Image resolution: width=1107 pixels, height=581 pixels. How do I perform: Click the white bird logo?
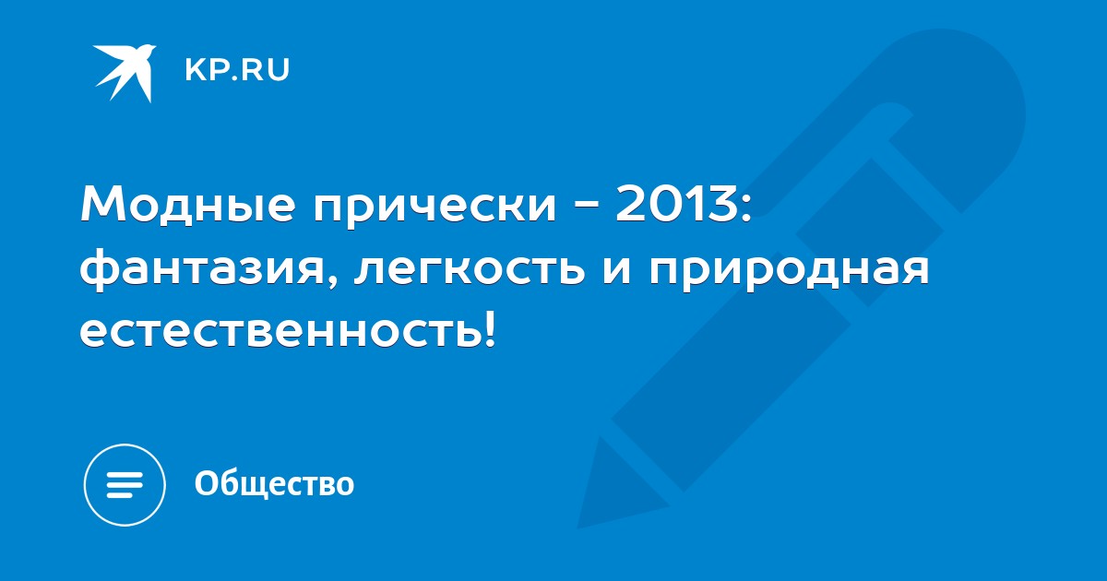pos(125,73)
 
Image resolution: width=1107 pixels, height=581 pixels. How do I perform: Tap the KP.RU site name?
pos(237,70)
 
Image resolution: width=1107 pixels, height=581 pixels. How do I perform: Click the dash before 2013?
pos(585,206)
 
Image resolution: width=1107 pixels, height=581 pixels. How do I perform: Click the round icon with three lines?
pos(125,484)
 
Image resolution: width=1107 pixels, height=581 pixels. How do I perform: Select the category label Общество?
pos(274,483)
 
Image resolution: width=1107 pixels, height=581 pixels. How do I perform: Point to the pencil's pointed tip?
pos(578,528)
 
